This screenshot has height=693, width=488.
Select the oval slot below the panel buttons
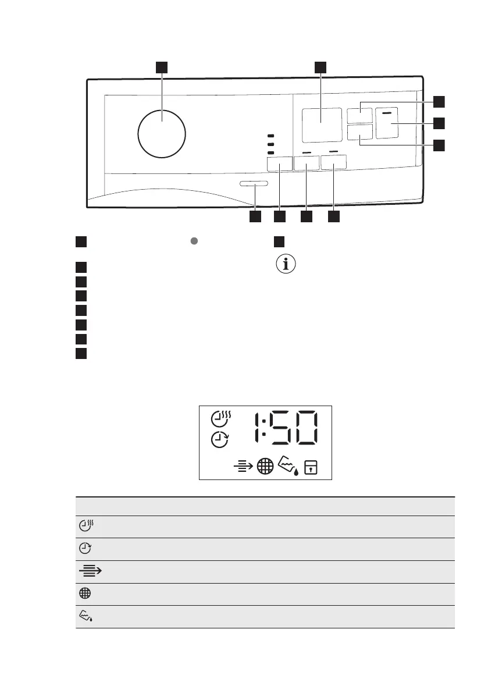tap(254, 184)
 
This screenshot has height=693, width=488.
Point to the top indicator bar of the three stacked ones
tap(270, 136)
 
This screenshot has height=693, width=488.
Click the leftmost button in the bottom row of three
tap(279, 164)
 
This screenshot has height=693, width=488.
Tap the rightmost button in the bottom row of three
tap(333, 162)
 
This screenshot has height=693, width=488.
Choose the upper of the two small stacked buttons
tap(360, 116)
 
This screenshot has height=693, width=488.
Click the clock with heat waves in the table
tap(86, 526)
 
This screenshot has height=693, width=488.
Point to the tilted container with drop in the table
tap(86, 617)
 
